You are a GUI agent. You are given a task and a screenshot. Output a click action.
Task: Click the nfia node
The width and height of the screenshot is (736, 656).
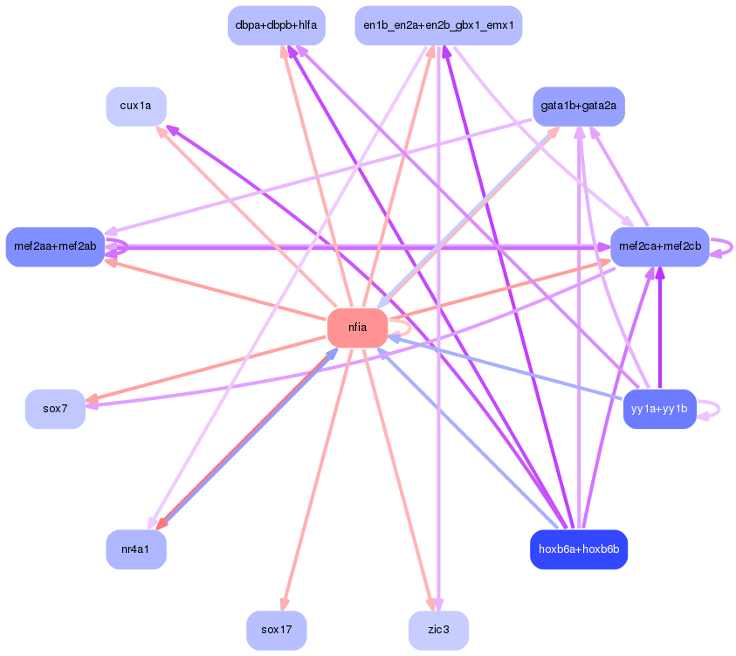click(357, 328)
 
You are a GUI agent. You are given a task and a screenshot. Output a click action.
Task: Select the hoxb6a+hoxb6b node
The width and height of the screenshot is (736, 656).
click(579, 549)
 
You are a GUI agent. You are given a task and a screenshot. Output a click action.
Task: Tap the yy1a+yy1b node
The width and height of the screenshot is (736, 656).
click(659, 409)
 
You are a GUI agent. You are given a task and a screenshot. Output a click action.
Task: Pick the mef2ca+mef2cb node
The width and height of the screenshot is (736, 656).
click(660, 246)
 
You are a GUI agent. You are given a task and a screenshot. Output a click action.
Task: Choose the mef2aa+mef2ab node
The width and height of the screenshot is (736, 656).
click(55, 246)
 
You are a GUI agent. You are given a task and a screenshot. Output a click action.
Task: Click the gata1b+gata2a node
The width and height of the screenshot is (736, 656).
click(579, 106)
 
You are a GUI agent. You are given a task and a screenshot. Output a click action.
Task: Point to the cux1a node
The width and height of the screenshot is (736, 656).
click(136, 106)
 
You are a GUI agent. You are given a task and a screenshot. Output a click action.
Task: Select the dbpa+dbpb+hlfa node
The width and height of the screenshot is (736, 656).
click(277, 25)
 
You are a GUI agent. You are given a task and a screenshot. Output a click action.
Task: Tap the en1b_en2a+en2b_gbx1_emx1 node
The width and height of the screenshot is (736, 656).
click(438, 25)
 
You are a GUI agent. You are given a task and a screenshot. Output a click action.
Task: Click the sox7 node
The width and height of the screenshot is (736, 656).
click(55, 409)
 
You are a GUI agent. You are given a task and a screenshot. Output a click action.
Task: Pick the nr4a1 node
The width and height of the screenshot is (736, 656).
click(136, 549)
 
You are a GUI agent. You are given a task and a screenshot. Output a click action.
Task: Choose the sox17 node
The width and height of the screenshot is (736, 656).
click(277, 630)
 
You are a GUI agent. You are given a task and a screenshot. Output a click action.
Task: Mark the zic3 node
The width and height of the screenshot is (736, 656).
click(438, 630)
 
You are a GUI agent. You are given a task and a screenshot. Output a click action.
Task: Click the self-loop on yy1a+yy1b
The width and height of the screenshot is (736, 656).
click(709, 409)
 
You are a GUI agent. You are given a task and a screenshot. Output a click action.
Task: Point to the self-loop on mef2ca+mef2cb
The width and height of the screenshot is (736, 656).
click(722, 246)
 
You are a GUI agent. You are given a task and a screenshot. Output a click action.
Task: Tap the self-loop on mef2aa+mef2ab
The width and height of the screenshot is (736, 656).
click(117, 246)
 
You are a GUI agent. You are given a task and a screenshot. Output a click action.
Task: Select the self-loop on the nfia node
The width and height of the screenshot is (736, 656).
click(400, 328)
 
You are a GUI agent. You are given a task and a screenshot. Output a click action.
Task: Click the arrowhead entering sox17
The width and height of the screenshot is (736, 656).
click(284, 604)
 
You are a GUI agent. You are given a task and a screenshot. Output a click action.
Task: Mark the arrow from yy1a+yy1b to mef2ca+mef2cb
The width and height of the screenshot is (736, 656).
click(660, 328)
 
